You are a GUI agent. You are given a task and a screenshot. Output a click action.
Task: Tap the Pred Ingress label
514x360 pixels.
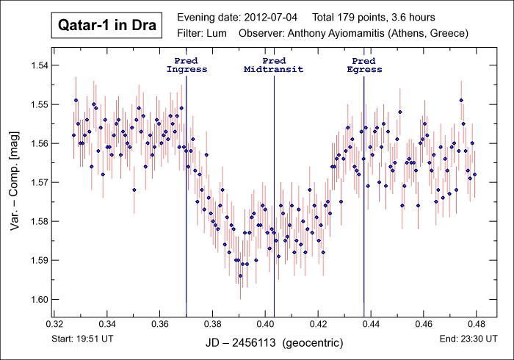click(187, 65)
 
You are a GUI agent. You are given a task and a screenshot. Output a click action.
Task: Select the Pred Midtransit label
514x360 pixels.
click(274, 65)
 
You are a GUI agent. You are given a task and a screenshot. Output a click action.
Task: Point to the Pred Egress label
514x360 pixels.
click(364, 65)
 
